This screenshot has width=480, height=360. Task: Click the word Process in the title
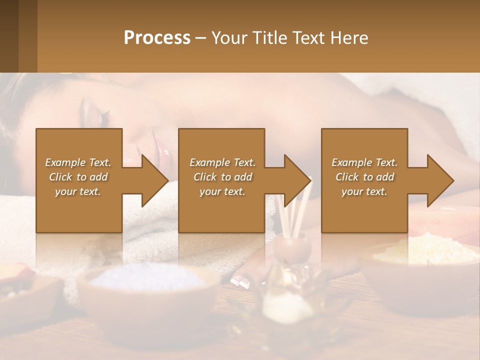157,38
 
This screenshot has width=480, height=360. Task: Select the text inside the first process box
78,176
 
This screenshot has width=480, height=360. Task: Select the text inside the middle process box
222,176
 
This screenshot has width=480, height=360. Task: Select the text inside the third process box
364,176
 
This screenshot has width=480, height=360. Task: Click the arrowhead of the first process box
153,180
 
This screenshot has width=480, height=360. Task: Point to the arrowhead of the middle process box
296,180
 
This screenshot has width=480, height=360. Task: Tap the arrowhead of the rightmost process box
439,180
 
